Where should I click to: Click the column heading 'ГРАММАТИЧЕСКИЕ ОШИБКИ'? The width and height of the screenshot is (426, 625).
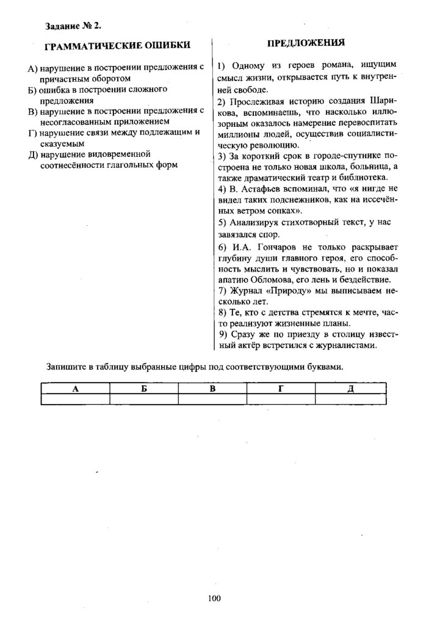(x=118, y=45)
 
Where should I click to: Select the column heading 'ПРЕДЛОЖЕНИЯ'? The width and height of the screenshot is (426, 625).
(x=306, y=43)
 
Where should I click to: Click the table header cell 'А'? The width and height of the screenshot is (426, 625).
(x=75, y=389)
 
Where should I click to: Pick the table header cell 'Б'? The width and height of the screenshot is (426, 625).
(x=144, y=389)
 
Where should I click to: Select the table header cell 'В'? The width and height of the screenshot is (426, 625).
(x=212, y=389)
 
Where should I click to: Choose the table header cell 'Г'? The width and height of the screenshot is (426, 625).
(x=281, y=389)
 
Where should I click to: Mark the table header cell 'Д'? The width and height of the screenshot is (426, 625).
(x=350, y=389)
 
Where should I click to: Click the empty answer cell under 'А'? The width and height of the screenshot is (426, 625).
(x=75, y=399)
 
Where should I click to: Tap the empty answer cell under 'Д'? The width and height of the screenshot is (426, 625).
(x=350, y=399)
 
